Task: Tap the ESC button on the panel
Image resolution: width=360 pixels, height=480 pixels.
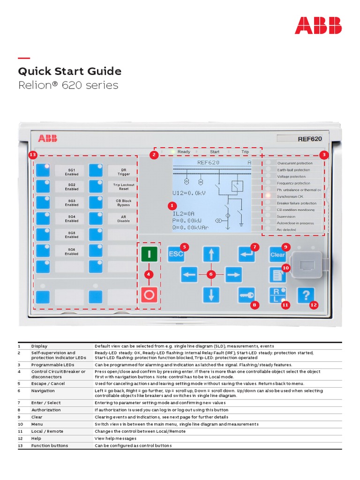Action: coord(176,254)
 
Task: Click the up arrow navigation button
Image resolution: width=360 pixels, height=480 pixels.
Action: coord(211,254)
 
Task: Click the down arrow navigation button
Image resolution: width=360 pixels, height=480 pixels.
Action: coord(211,295)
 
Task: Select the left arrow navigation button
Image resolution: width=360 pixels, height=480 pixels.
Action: coord(189,274)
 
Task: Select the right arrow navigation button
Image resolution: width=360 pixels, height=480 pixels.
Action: coord(233,274)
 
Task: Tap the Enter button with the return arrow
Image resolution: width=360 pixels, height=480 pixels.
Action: coord(246,254)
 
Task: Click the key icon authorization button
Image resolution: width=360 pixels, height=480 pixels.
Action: coord(246,295)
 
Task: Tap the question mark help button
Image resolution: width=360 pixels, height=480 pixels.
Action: coord(306,295)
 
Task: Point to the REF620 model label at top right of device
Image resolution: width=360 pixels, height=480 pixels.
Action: coord(310,139)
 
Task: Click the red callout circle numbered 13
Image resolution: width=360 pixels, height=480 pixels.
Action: coord(32,154)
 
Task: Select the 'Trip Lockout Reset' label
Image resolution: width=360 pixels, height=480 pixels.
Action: coord(123,187)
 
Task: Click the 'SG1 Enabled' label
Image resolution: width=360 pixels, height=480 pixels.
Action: coord(71,171)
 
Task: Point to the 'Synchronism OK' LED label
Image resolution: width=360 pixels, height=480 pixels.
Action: coord(290,196)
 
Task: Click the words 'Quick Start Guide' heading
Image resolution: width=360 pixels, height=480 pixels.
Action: coord(69,71)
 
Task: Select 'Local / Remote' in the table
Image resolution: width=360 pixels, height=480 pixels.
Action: coord(47,431)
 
